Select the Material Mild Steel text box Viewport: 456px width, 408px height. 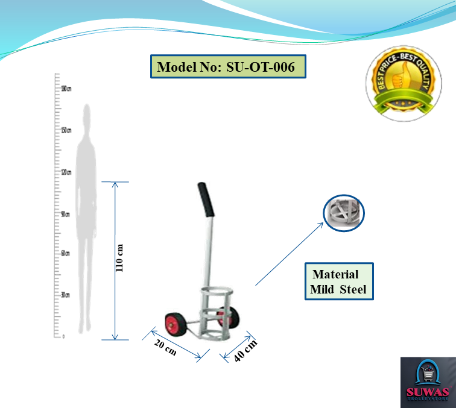tap(338, 281)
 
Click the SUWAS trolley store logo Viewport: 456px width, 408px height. tap(428, 381)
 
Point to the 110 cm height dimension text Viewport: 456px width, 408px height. tap(119, 258)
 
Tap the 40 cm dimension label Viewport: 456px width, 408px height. tap(245, 350)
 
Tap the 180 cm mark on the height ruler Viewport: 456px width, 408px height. tap(66, 89)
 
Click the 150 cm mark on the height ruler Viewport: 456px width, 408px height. tap(66, 130)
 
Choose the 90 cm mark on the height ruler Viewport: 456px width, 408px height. tap(66, 213)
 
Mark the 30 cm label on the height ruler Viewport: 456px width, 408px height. tap(65, 295)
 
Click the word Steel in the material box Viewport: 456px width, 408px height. tap(353, 290)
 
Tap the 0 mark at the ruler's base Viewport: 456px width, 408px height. tap(63, 336)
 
